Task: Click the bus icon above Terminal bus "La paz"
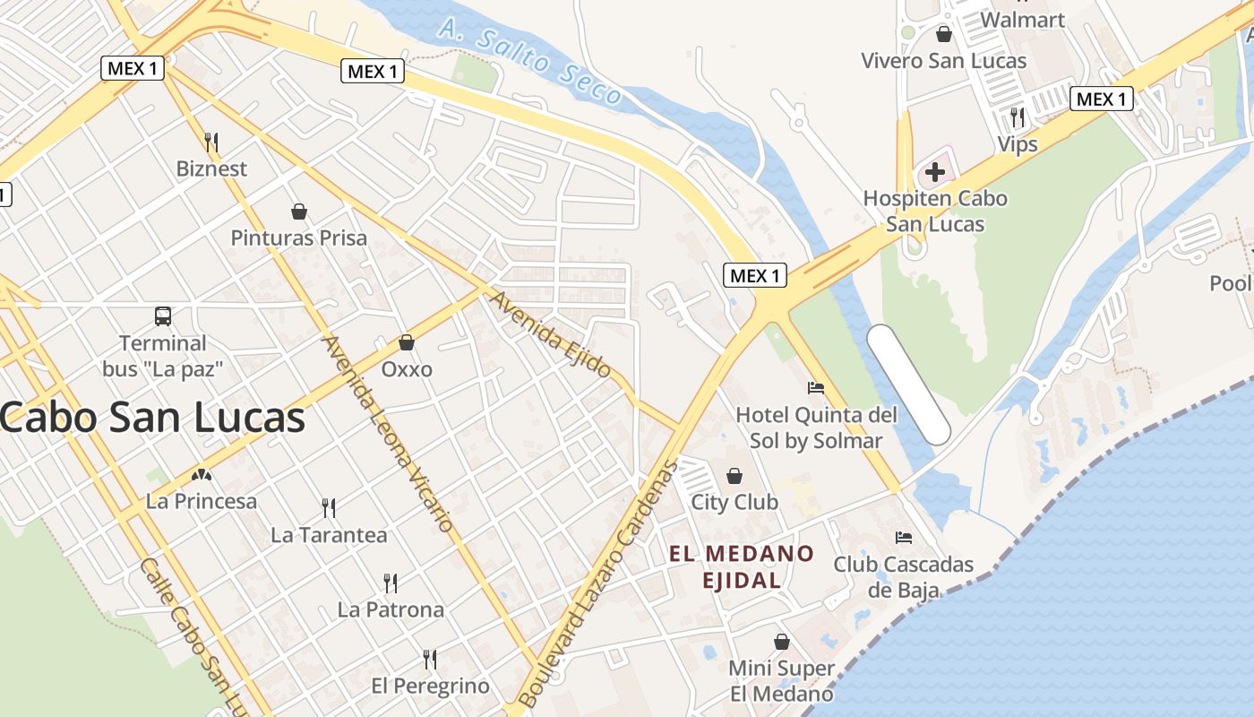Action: click(x=163, y=315)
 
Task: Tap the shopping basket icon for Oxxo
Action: click(x=407, y=341)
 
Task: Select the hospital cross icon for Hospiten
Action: click(x=935, y=171)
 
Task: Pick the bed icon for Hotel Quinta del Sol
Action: click(x=816, y=388)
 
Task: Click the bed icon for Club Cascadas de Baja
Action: click(x=904, y=538)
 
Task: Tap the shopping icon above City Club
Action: click(x=734, y=475)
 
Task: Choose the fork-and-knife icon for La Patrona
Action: click(x=391, y=583)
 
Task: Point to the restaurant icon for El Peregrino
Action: click(x=430, y=660)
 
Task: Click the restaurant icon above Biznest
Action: click(x=211, y=142)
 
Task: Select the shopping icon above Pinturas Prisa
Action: click(x=299, y=212)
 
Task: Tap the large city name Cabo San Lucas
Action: click(x=152, y=418)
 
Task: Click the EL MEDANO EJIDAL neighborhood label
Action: click(x=742, y=566)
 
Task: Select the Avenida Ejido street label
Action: click(x=550, y=334)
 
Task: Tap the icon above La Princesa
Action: click(x=202, y=475)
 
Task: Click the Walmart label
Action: click(x=1022, y=19)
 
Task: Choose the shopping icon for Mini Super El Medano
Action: click(x=782, y=642)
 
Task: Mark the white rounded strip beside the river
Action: click(x=908, y=384)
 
